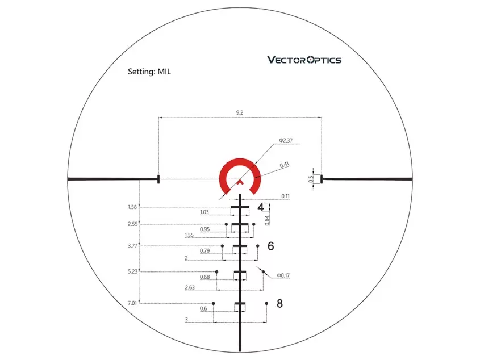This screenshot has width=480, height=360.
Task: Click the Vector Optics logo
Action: point(304,60)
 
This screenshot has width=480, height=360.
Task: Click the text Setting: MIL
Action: point(149,72)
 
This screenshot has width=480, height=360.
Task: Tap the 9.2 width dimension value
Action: point(239,112)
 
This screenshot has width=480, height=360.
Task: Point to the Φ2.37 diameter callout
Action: point(286,140)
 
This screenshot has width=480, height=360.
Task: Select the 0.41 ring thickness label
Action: point(285,165)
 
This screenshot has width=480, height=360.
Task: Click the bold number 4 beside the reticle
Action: point(260,207)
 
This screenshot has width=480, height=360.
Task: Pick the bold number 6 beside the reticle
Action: point(270,246)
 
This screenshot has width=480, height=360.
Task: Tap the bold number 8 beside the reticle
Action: point(279,303)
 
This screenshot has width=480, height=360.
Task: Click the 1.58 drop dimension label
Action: point(132,207)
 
